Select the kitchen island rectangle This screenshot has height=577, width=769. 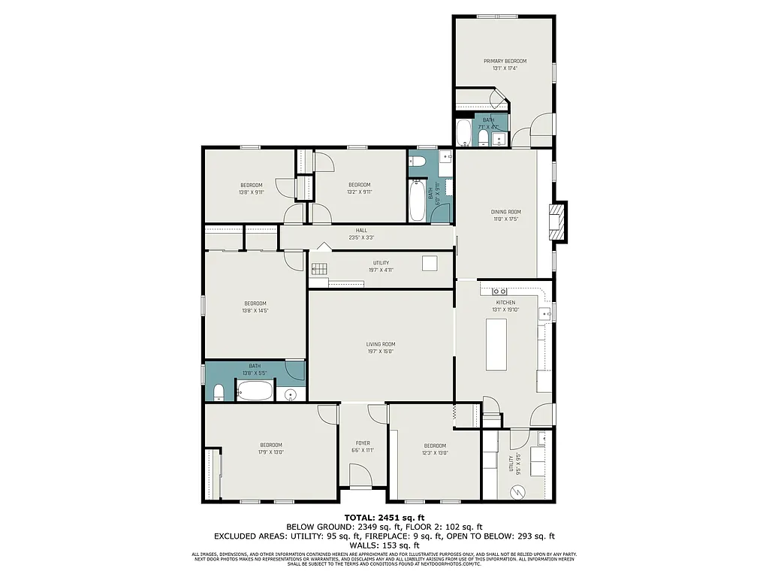(497, 344)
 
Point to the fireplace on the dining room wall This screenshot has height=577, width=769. (558, 222)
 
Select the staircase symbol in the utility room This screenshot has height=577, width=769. (320, 268)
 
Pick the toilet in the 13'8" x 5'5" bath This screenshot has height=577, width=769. (217, 393)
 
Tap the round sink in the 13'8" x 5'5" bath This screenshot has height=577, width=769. (291, 394)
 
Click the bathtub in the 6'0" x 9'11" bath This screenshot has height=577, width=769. (417, 198)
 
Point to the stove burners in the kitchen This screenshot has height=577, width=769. (500, 290)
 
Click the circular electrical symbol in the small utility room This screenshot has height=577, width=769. (516, 491)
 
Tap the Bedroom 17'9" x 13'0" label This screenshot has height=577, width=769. (270, 448)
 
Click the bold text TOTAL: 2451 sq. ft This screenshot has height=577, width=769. (384, 517)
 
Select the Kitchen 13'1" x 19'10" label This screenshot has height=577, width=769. (505, 305)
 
